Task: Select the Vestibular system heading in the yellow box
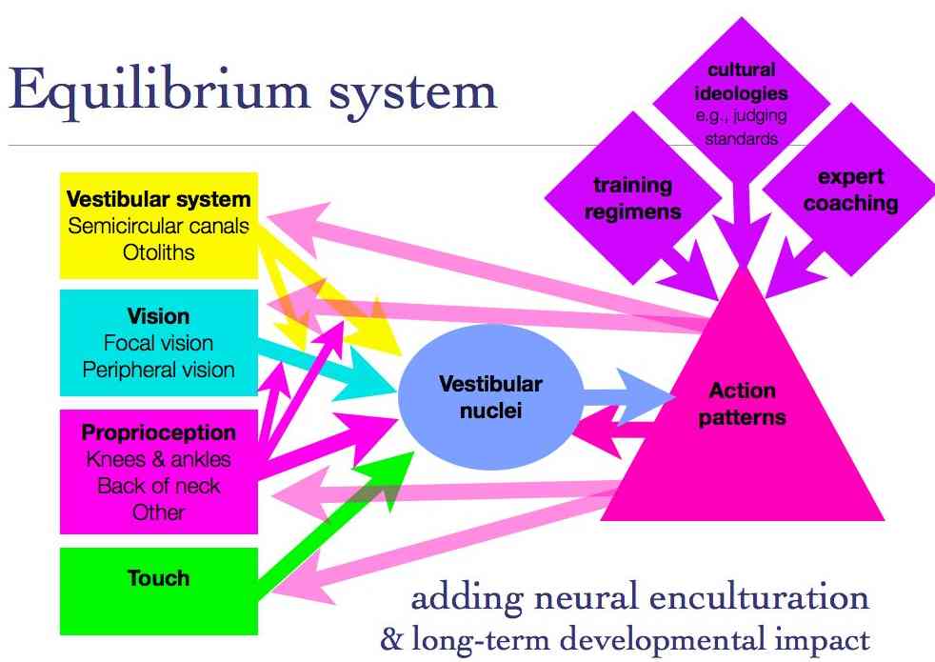159,200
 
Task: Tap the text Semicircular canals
159,226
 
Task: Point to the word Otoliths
159,251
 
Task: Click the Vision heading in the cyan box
158,317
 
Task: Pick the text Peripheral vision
158,369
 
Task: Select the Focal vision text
158,343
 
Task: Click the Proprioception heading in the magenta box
158,433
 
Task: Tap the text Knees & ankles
158,459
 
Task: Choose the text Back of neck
158,485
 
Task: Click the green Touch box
158,578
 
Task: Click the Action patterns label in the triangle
742,404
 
